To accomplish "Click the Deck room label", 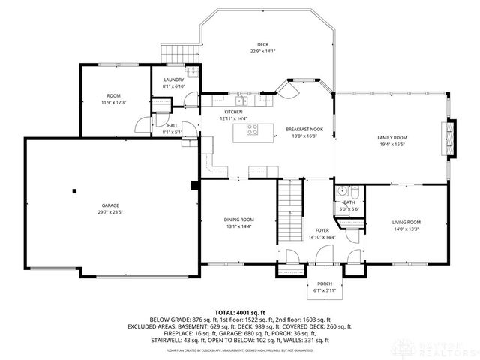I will (x=262, y=45).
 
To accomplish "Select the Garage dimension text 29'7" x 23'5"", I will (x=110, y=212).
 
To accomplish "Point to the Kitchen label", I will (x=233, y=112).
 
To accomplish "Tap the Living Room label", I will (x=406, y=222).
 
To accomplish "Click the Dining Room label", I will (x=238, y=220).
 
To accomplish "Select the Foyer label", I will (x=322, y=231).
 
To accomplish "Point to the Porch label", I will (x=324, y=263).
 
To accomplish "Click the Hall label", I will (x=172, y=126).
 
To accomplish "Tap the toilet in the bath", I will (x=357, y=193).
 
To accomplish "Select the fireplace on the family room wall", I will (x=451, y=137).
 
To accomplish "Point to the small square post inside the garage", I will (x=74, y=190).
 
